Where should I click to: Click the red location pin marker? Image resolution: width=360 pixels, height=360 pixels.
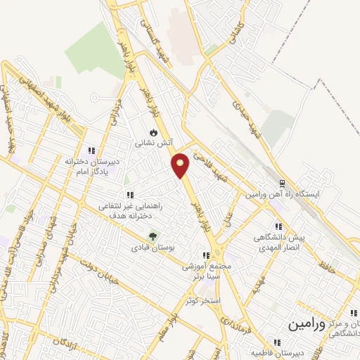pos(181,165)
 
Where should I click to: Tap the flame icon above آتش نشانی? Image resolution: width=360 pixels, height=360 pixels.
pos(153,132)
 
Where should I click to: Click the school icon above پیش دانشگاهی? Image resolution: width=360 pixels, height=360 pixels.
pos(278,226)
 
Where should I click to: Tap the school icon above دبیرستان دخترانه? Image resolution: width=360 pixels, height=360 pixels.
pos(90,150)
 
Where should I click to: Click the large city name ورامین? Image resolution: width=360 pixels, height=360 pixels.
pos(307,326)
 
